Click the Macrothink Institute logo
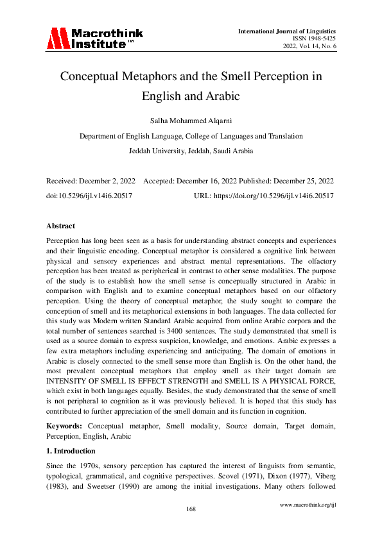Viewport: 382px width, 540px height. [94, 38]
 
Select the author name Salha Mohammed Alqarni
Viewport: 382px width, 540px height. [191, 120]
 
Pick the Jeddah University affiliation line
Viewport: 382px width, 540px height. [191, 151]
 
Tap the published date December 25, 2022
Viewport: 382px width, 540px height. [302, 181]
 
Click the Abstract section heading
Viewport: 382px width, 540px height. [60, 226]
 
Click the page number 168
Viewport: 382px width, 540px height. [191, 509]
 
